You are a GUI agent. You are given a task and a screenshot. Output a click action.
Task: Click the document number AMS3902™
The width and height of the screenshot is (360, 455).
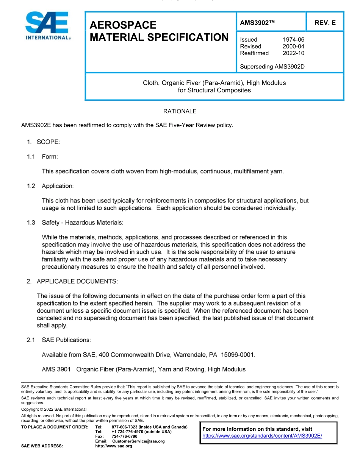[257, 23]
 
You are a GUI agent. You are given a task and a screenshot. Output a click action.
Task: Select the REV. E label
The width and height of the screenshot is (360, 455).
[325, 23]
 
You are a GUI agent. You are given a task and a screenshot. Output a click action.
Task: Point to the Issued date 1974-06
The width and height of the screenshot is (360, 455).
[293, 39]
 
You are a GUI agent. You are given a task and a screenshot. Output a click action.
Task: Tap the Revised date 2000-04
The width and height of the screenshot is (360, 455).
[293, 46]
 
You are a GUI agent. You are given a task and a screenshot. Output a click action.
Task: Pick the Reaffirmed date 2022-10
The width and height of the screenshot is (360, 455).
[293, 53]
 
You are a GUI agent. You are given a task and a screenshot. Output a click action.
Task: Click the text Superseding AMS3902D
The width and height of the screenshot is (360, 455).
[272, 67]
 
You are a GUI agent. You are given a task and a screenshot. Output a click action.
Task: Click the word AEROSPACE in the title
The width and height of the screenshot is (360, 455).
[123, 25]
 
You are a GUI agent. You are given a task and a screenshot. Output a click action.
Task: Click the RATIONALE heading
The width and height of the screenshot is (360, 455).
[180, 111]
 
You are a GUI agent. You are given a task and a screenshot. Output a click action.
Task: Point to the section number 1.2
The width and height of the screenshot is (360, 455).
[31, 186]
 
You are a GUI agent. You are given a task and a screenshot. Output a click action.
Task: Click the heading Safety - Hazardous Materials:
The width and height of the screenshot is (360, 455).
[82, 223]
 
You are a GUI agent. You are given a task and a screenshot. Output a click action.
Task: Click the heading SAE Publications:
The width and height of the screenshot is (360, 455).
[66, 340]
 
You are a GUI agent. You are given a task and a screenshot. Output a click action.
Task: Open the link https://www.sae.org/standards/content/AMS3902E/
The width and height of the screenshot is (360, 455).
[262, 436]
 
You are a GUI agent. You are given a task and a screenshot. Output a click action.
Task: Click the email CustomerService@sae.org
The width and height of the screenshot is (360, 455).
[138, 441]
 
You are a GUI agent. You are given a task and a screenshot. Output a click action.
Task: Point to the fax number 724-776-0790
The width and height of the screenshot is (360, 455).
[125, 436]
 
